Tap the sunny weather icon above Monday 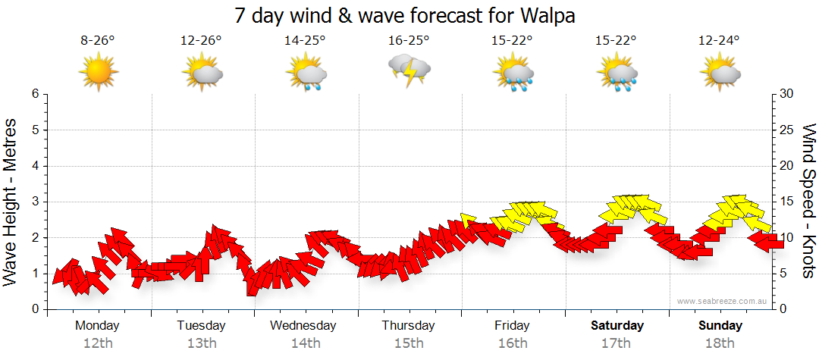tap(99, 73)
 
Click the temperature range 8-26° tap(98, 41)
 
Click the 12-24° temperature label tap(720, 41)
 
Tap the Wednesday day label tap(303, 326)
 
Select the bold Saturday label tap(617, 326)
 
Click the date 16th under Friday tap(513, 343)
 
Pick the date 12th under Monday tap(97, 343)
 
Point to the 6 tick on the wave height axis tap(35, 94)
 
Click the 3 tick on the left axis tap(35, 202)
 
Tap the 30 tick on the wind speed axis tap(786, 94)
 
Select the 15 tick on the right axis tap(786, 202)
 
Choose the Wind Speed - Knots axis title tap(808, 202)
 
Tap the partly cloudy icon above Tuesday tap(202, 73)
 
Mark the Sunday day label tap(720, 326)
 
